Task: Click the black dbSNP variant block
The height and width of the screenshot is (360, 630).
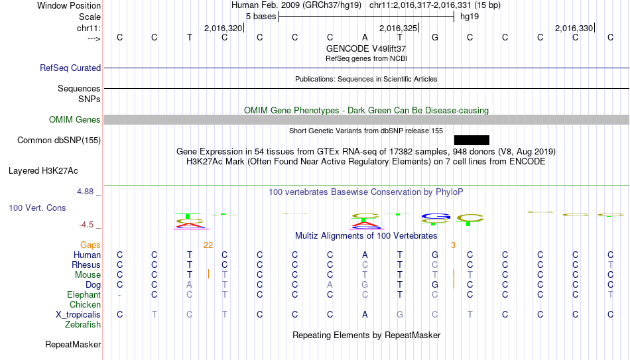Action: [x=472, y=141]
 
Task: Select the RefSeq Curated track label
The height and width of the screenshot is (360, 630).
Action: [x=70, y=68]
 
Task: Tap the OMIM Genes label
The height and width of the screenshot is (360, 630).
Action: [x=75, y=120]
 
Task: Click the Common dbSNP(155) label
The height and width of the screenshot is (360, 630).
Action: [x=59, y=141]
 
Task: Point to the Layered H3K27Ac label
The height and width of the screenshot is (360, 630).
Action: [x=43, y=171]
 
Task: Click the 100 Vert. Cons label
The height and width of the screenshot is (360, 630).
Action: [x=37, y=208]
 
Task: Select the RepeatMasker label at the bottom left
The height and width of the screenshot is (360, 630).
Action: [x=73, y=344]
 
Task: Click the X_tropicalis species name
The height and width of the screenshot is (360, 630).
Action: [x=78, y=315]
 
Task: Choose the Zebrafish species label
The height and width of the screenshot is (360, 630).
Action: [x=83, y=324]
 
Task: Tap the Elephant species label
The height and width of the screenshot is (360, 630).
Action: [x=84, y=294]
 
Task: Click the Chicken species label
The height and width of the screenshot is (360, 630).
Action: [x=85, y=304]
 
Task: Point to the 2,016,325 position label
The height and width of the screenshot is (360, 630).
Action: [x=398, y=28]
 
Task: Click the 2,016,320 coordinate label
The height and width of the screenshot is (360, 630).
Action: [x=223, y=28]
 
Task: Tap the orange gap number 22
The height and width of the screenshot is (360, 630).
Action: [x=208, y=245]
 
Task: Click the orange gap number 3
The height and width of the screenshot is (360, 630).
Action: [x=453, y=245]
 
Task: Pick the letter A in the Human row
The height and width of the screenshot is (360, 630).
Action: [x=365, y=255]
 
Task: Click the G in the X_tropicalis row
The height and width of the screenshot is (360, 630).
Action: [x=400, y=315]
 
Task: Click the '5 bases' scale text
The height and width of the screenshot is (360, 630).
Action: [x=261, y=17]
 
